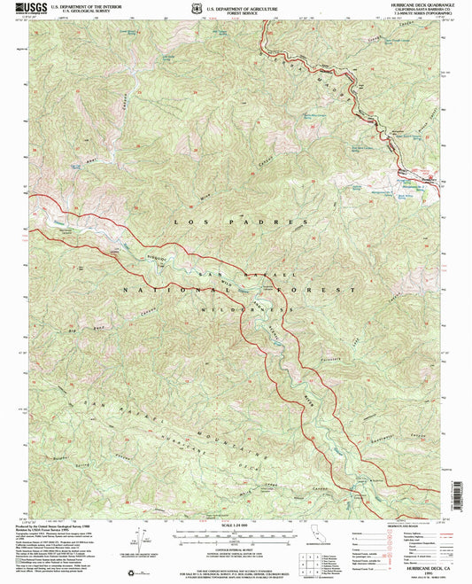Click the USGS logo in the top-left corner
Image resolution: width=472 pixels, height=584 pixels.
24,9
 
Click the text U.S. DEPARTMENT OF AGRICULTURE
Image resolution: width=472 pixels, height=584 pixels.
242,5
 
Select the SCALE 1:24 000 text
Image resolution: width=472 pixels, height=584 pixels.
235,524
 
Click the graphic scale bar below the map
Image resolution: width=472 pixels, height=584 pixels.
235,534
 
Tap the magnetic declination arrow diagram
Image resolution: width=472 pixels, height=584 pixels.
140,538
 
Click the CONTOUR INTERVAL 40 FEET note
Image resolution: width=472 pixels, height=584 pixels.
235,550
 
